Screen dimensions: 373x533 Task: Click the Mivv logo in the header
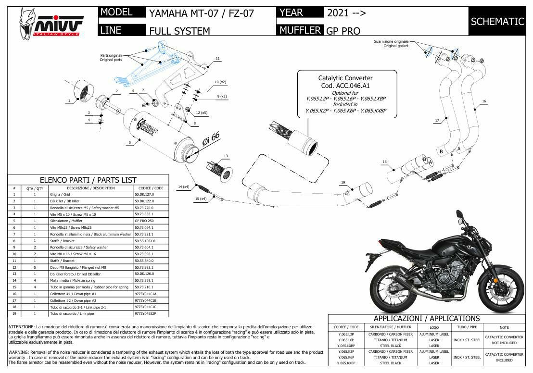[x=51, y=25]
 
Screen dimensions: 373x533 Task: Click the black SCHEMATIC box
[x=497, y=21]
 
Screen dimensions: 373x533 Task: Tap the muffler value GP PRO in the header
[x=343, y=31]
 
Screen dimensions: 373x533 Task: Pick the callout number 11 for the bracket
[x=217, y=59]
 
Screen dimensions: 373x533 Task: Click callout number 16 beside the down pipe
[x=484, y=101]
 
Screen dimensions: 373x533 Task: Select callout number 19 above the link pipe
[x=343, y=183]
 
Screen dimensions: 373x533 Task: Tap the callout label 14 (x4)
[x=183, y=186]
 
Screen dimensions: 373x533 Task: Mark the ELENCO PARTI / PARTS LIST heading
[x=88, y=180]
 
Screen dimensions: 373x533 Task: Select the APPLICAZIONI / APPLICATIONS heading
[x=426, y=318]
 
